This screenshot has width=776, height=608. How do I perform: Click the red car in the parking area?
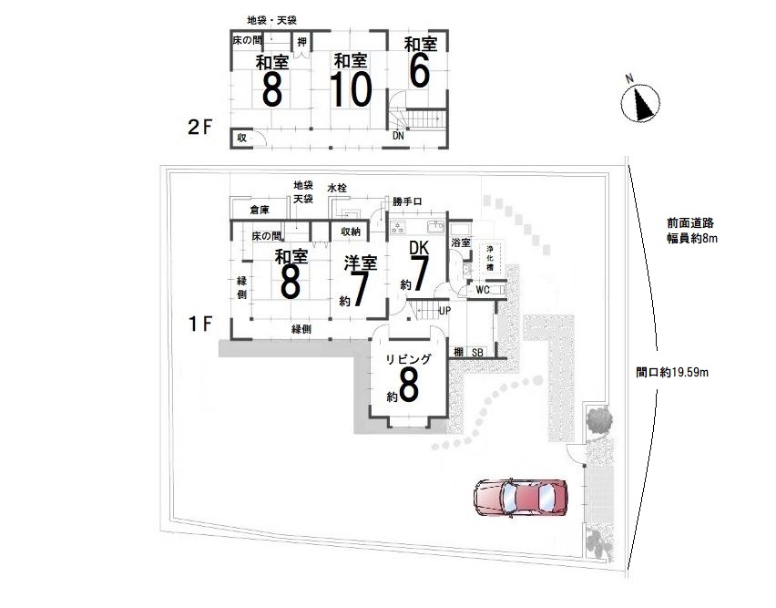coord(521,498)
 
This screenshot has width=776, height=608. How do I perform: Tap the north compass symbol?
coord(640,102)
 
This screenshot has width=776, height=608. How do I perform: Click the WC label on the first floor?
coord(483,290)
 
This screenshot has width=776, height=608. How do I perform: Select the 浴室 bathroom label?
coord(461,243)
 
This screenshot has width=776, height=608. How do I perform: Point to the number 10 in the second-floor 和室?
coord(351,89)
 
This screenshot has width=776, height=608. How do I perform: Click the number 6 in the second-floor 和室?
coord(420,71)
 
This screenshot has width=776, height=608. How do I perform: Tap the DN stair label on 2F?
coord(398,135)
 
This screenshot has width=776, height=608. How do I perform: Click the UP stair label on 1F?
coord(444,311)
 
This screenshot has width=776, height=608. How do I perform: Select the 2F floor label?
coord(200,128)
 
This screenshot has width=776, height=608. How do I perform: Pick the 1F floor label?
coord(200,325)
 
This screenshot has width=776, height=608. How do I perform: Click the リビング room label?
coord(409,359)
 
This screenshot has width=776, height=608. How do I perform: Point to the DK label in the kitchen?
coord(419,248)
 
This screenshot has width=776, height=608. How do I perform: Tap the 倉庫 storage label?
coord(260,210)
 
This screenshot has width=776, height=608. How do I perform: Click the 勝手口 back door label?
coord(407,201)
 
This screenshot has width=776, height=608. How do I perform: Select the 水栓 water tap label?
coord(337,188)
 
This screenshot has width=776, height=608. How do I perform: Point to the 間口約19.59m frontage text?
coord(672,372)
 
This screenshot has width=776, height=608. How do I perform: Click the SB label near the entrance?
coord(477,353)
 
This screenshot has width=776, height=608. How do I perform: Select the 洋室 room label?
coord(361,263)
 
